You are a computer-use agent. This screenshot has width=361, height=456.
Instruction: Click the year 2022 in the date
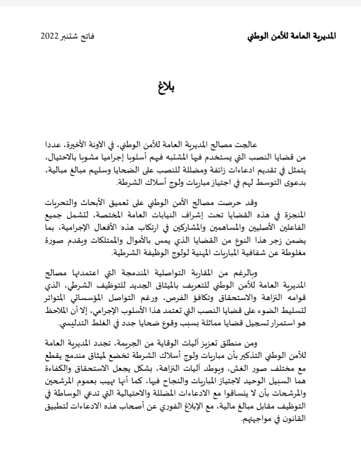pos(50,37)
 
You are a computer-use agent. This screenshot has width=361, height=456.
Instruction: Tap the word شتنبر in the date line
pos(72,37)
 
